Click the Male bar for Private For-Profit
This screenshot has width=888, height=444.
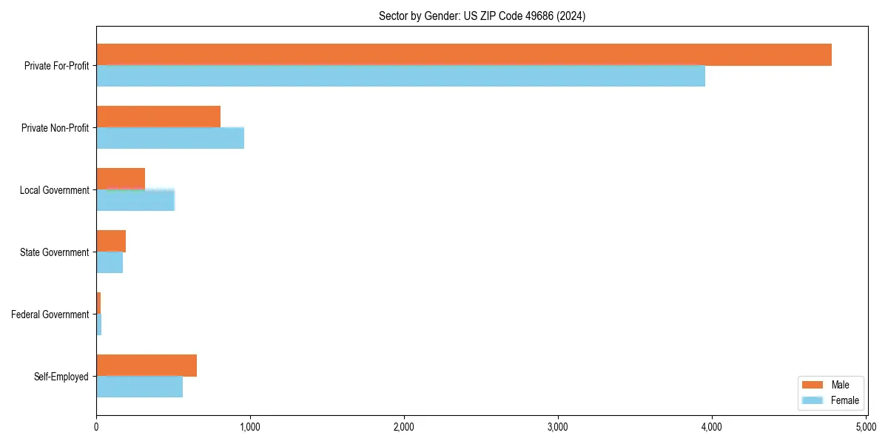(x=464, y=55)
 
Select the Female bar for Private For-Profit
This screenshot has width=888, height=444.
(x=400, y=76)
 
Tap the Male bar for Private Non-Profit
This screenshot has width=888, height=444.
(x=158, y=117)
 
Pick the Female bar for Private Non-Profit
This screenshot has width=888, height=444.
(x=170, y=138)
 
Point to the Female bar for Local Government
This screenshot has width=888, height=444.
(x=135, y=201)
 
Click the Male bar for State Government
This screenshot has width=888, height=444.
(x=111, y=241)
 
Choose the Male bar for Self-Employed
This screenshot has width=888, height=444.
(x=147, y=366)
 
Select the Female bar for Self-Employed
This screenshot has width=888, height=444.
(x=139, y=387)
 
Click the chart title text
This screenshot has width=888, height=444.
(x=482, y=16)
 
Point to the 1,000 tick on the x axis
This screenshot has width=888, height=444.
(x=250, y=427)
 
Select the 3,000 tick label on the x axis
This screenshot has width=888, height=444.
(x=558, y=427)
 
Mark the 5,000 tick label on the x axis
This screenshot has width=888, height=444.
(x=866, y=427)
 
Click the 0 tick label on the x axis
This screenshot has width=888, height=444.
(x=96, y=427)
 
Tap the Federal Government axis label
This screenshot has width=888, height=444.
(x=50, y=314)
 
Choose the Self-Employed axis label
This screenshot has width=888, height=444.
(x=61, y=377)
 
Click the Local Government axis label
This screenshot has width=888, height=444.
(x=54, y=190)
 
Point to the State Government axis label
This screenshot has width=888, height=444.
(x=55, y=252)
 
